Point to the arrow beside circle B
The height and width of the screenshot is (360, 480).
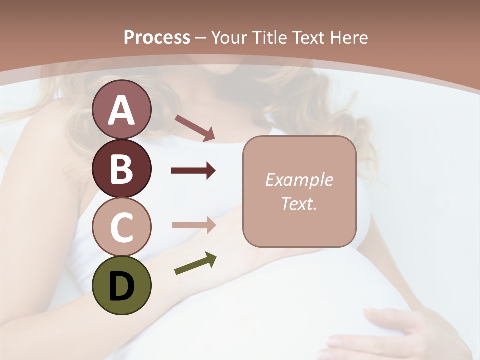[193, 171]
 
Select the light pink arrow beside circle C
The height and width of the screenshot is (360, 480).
[193, 225]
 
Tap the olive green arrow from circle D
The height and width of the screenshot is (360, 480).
[195, 264]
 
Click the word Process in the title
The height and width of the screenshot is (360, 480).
[157, 38]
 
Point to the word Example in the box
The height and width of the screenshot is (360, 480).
[299, 180]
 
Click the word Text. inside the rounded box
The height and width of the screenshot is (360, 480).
[299, 203]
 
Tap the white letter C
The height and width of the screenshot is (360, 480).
[122, 228]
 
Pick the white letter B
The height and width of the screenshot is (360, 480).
[122, 169]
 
